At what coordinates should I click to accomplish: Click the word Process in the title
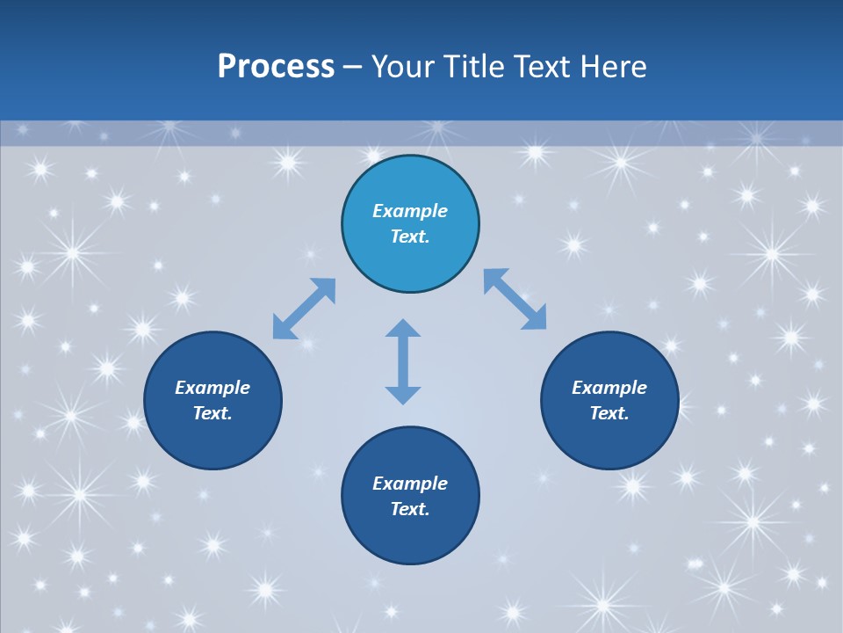tap(276, 67)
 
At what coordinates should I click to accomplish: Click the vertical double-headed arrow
tap(403, 361)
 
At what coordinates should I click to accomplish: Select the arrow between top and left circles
tap(304, 309)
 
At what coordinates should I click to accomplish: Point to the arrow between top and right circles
tap(515, 299)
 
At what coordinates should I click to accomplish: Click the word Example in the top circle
tap(410, 211)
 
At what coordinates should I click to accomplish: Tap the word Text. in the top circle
tap(410, 236)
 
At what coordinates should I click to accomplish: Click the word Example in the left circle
tap(213, 388)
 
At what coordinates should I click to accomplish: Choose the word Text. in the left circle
tap(213, 413)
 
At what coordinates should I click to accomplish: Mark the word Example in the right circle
tap(609, 388)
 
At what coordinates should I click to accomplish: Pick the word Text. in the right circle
tap(609, 413)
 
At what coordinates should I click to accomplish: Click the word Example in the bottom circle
tap(410, 484)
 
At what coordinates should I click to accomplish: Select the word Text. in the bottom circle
tap(410, 509)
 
